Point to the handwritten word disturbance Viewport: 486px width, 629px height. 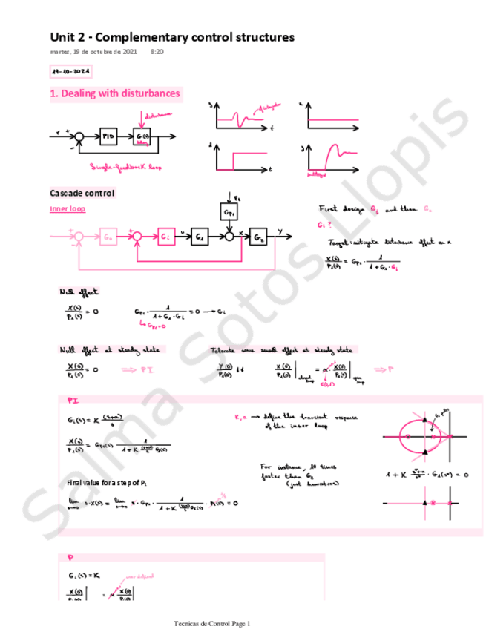[x=159, y=115]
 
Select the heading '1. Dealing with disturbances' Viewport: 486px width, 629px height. [x=115, y=93]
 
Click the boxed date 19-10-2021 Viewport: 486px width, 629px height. [x=70, y=72]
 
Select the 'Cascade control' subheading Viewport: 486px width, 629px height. [x=82, y=193]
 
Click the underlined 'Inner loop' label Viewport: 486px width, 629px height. [x=68, y=209]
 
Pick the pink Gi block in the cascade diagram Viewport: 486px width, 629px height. [x=165, y=236]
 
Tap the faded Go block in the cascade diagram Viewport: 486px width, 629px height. [x=108, y=236]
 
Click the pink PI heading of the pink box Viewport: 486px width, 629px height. [x=73, y=400]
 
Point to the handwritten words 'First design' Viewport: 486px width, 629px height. [x=341, y=211]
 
